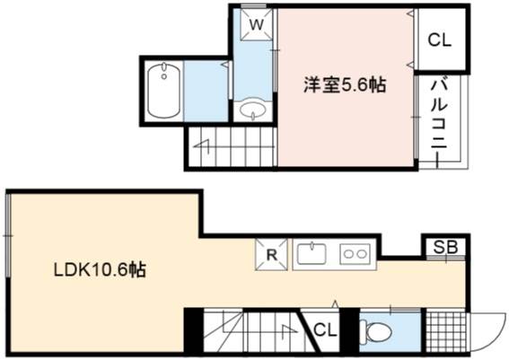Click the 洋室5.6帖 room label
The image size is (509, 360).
point(345,85)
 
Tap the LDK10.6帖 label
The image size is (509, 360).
point(100,269)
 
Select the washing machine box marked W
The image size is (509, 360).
point(257,24)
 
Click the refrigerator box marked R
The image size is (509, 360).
point(271,255)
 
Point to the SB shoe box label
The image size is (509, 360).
point(445,248)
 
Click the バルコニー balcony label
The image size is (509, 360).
point(439,114)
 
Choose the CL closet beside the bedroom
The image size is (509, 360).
point(440,40)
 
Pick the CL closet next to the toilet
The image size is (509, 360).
point(325,330)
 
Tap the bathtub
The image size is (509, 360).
point(164,92)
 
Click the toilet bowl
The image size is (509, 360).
point(376,332)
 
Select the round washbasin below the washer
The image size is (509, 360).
point(253,110)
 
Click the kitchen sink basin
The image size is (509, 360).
point(312,254)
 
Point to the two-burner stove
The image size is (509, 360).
point(355,254)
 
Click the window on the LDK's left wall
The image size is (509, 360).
point(8,235)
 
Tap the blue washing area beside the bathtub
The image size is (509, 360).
point(206,92)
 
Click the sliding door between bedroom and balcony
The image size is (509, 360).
point(416,117)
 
